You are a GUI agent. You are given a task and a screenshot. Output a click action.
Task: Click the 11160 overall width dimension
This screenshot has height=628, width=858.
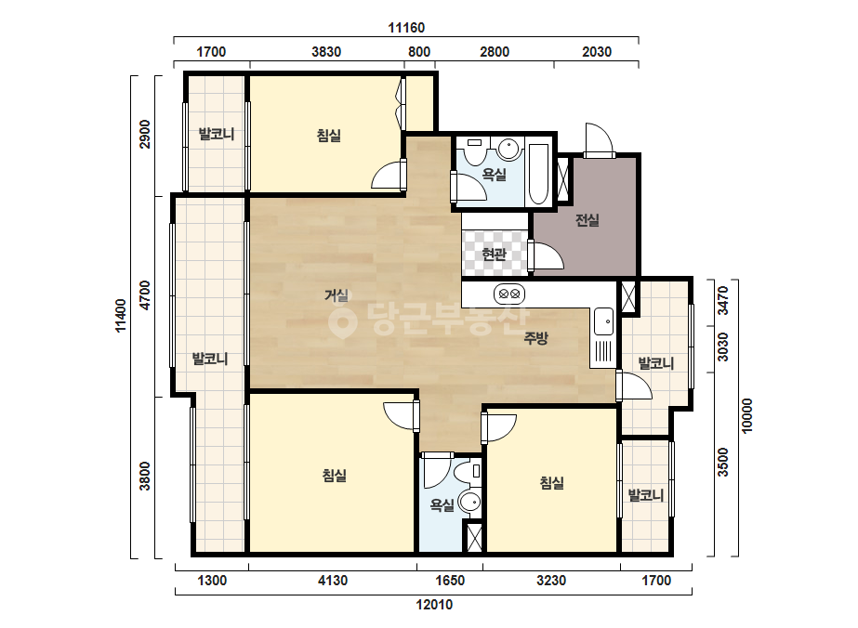point(406,27)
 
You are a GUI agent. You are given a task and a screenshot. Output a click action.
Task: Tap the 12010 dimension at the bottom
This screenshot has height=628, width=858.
point(434,605)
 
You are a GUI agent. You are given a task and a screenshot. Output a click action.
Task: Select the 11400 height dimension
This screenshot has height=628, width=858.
point(121,315)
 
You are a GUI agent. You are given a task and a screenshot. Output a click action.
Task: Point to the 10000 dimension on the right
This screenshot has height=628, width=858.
point(747,416)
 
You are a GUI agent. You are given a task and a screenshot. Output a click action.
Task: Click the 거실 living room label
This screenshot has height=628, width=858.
point(336,295)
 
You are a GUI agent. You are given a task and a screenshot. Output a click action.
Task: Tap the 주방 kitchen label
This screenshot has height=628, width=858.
point(535,338)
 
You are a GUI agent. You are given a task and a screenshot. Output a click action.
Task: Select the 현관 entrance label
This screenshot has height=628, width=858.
point(494,254)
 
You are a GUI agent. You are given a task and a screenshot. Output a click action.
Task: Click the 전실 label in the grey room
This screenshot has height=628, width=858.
point(587,220)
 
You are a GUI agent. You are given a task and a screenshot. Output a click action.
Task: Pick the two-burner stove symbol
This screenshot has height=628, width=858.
point(509,294)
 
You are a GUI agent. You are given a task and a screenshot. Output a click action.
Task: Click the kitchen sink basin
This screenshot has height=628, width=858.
point(604,321)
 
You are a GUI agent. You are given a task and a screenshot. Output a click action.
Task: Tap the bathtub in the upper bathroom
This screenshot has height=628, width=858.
point(538,174)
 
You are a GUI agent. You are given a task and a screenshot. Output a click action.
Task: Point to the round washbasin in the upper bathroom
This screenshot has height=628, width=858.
point(508,149)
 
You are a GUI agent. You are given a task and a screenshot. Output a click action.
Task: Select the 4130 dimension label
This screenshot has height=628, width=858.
point(333,581)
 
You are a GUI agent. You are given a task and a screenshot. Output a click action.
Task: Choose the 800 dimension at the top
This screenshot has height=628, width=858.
point(419,52)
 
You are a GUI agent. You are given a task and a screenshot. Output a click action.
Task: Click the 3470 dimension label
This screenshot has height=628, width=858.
point(723,300)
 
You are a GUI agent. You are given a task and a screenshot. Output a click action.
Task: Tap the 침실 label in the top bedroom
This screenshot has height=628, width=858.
point(329,135)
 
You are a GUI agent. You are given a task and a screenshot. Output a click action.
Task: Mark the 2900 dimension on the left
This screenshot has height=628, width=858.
point(145,134)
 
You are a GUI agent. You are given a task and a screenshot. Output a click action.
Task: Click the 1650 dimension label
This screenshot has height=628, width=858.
point(450,581)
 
